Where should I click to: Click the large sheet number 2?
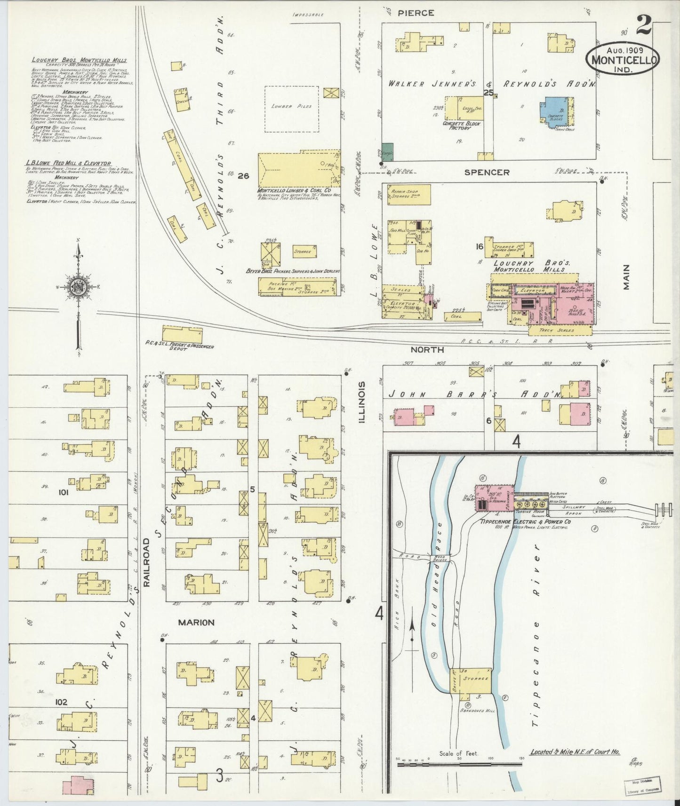(644, 25)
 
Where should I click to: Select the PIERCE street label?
(416, 13)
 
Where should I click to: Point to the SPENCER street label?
(487, 173)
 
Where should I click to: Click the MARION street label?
(196, 622)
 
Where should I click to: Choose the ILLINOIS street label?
(362, 402)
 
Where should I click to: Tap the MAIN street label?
(626, 277)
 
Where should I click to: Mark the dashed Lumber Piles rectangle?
(291, 109)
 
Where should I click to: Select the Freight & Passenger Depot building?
(182, 334)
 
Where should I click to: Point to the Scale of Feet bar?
(459, 764)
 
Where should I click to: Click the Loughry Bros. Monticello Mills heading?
(79, 60)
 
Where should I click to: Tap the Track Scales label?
(559, 331)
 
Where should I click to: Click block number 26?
(243, 176)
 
